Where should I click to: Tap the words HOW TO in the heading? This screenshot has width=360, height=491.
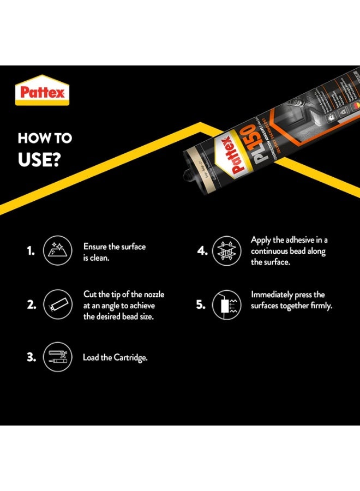[x=45, y=138]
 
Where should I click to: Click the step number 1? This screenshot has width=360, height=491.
[x=31, y=252]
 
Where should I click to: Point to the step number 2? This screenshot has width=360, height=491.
[x=32, y=305]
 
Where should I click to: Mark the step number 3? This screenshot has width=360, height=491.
[x=32, y=358]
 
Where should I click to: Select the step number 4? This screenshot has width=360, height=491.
[x=201, y=252]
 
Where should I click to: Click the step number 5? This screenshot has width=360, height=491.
[x=201, y=305]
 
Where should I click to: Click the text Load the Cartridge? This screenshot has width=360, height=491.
[x=115, y=358]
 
